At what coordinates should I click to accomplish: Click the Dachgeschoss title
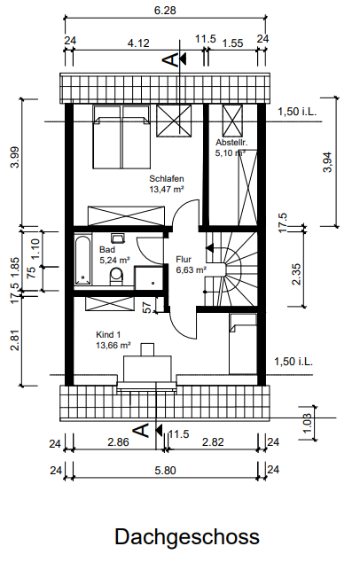point(187,537)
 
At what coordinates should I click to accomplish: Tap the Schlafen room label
point(167,178)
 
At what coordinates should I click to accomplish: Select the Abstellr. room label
point(231,143)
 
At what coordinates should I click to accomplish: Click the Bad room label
point(107,249)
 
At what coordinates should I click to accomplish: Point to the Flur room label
point(184,259)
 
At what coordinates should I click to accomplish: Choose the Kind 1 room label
point(108,335)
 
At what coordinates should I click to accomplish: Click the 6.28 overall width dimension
point(165,11)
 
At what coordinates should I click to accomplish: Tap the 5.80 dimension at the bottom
point(165,470)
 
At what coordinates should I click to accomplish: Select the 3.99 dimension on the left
point(15,157)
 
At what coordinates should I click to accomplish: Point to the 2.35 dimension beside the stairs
point(296,274)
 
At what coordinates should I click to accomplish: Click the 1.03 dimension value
point(308,423)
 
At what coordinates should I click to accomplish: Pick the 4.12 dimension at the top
point(138,43)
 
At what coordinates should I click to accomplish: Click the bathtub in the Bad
point(82,260)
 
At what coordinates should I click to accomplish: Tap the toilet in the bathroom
point(116,276)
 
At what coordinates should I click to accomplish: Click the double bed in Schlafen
point(121,137)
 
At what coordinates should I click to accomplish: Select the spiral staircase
point(231,269)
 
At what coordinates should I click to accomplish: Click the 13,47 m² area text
point(167,189)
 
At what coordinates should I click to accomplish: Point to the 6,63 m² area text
point(192,269)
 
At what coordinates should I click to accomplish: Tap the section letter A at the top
point(171,59)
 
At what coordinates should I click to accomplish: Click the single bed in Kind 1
point(243,344)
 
